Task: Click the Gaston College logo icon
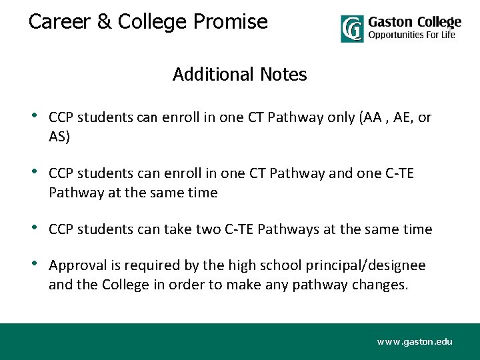tap(352, 29)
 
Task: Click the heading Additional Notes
tap(240, 75)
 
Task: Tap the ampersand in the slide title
tap(104, 22)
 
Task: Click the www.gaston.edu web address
tap(414, 341)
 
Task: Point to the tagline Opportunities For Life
tap(411, 35)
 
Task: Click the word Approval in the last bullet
tap(77, 265)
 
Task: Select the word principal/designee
tap(365, 265)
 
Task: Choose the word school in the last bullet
tap(275, 265)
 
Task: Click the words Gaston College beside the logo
tap(414, 22)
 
